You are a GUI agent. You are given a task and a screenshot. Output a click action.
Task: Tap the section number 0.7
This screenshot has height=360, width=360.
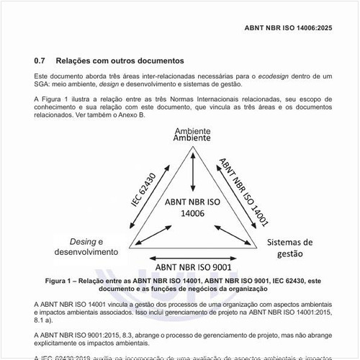pos(40,61)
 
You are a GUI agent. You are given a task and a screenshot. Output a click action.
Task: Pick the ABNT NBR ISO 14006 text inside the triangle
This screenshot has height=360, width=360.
pos(192,207)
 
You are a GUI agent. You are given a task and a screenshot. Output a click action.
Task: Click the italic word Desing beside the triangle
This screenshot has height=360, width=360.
pos(81,240)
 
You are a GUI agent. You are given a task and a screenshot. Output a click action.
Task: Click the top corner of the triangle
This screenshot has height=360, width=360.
pos(192,149)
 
